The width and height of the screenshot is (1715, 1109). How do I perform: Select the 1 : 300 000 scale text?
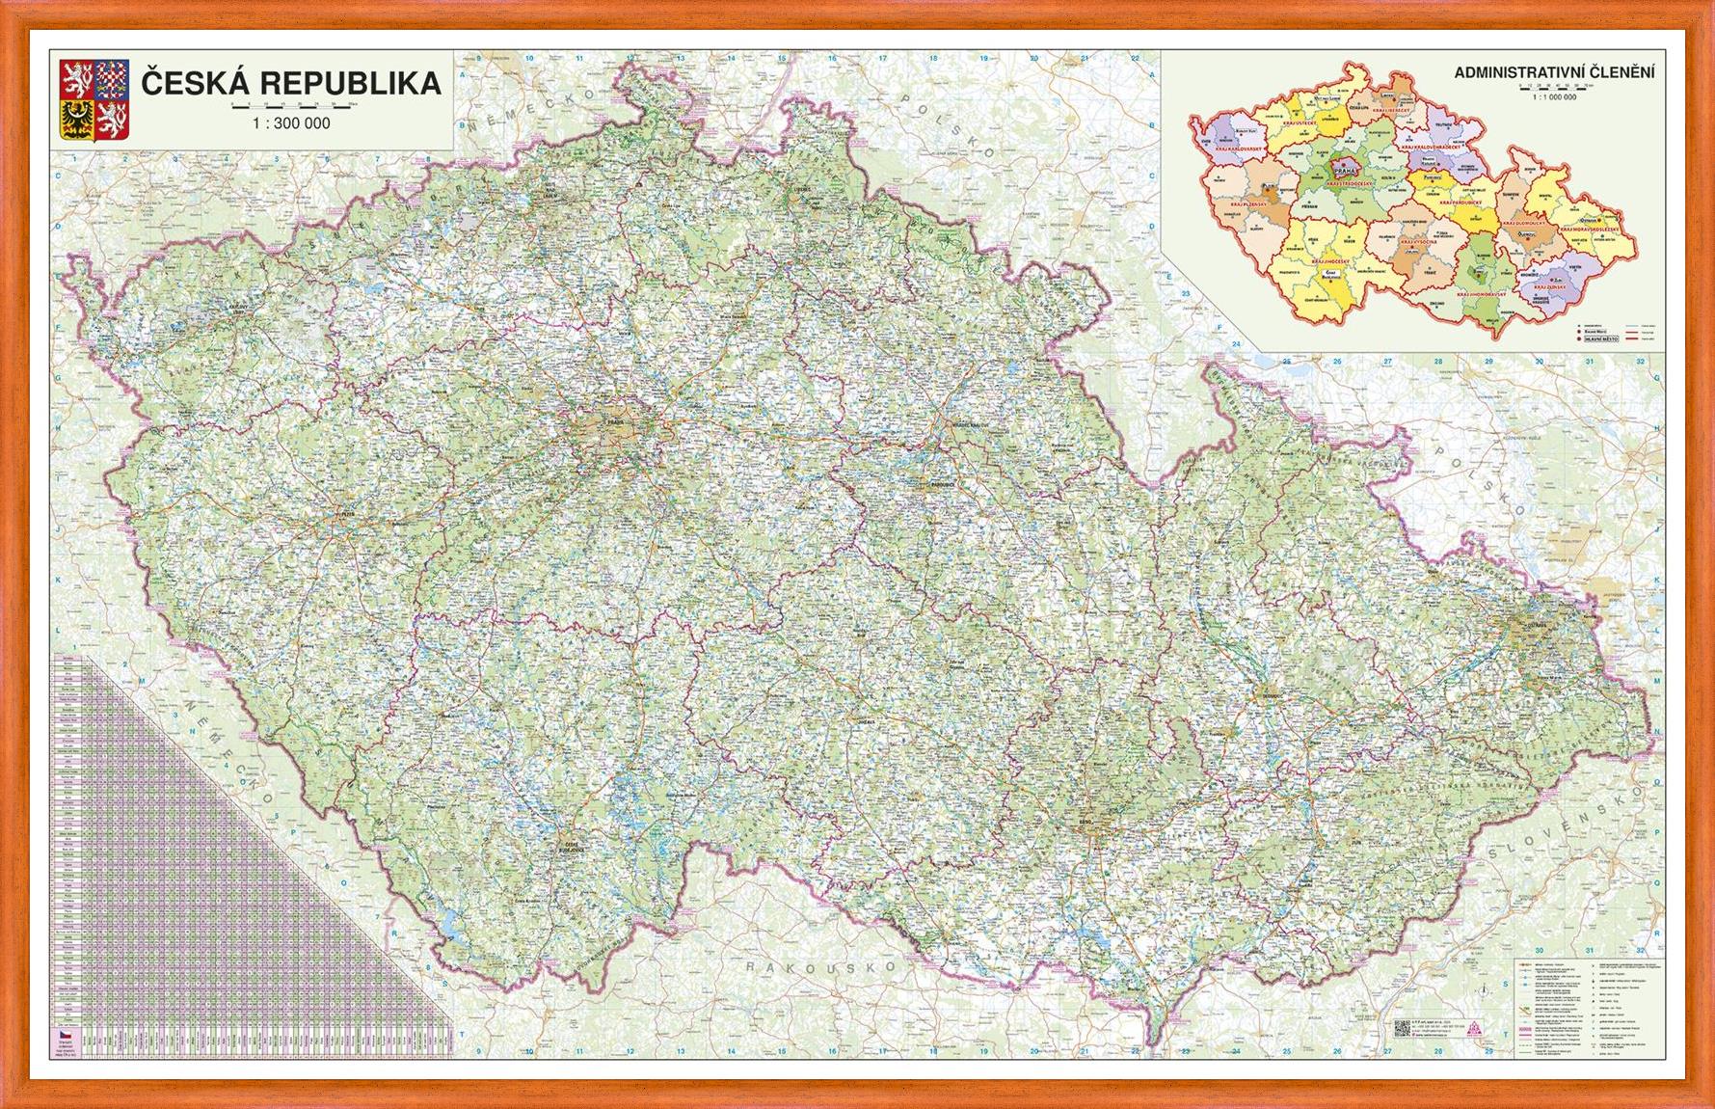[x=290, y=123]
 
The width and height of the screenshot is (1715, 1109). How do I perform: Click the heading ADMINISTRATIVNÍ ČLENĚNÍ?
[x=1555, y=71]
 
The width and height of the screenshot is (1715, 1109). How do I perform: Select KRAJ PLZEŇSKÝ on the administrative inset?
[x=1248, y=204]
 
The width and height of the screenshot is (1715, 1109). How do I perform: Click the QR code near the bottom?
[x=1403, y=1028]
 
